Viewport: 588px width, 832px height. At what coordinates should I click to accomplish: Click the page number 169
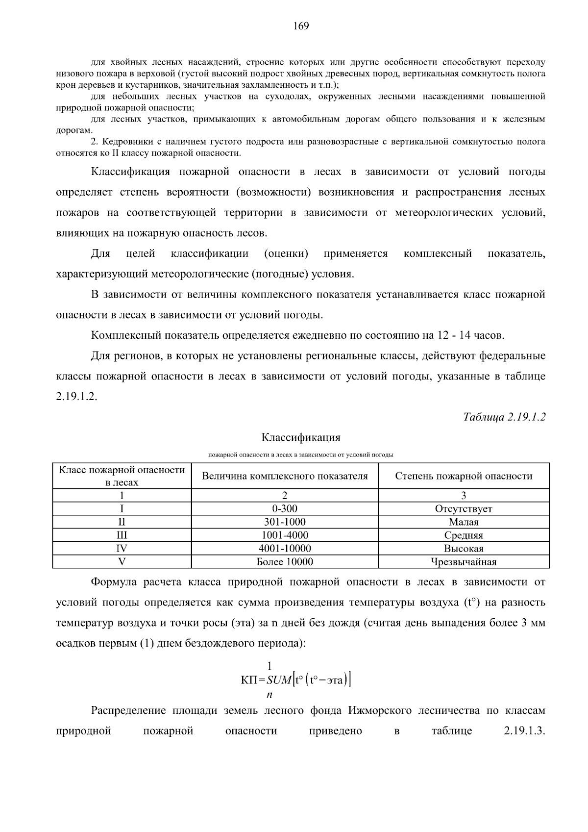pos(301,26)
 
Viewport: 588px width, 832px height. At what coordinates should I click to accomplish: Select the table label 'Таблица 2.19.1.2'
pos(504,417)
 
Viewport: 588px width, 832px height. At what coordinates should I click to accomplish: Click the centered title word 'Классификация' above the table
pos(301,437)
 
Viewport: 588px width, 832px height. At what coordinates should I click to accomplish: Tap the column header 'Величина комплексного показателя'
pos(285,476)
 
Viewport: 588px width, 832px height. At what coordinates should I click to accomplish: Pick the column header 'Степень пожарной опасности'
pos(464,476)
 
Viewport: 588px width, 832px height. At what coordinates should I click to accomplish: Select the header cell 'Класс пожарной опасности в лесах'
pos(122,476)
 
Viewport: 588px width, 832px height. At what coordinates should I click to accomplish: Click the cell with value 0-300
pos(285,509)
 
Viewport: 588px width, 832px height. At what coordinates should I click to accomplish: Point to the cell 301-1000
pos(285,522)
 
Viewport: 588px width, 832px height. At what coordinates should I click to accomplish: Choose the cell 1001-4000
pos(285,535)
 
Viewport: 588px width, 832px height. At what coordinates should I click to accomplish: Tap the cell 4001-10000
pos(285,549)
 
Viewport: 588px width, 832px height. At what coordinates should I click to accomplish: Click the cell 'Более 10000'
pos(285,562)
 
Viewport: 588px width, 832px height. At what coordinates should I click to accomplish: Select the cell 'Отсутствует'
pos(464,509)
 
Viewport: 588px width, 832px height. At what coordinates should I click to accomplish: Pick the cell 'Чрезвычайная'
pos(464,562)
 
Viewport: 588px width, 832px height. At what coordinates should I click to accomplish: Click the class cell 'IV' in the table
pos(122,549)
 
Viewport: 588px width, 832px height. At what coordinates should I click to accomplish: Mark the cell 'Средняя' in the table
pos(464,535)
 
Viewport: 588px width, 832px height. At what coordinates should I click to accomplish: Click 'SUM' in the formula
pos(278,680)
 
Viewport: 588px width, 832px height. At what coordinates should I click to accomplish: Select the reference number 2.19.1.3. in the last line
pos(524,731)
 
